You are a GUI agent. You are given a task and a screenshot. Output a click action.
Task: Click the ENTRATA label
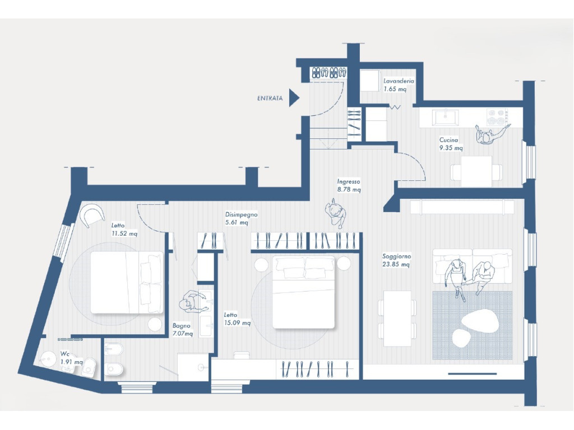point(270,98)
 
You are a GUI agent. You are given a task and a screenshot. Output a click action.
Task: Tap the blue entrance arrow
point(294,97)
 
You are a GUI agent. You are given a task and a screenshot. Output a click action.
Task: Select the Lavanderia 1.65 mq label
point(399,85)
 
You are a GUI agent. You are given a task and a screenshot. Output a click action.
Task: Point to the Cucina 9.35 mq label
point(451,144)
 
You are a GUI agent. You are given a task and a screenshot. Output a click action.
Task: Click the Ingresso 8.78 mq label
point(349,185)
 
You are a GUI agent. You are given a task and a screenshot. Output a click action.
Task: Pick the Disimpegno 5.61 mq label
point(241,218)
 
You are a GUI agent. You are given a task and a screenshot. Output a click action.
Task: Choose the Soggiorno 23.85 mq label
point(396,260)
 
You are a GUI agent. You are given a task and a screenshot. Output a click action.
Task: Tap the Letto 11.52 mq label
point(124,230)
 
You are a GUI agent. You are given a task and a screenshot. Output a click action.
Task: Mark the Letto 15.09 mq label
point(237,319)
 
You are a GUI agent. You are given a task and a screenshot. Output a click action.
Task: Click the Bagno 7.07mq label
point(182,329)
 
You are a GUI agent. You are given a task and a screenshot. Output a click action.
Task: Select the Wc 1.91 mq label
point(71,358)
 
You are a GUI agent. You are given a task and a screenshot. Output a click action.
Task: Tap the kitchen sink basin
point(446,117)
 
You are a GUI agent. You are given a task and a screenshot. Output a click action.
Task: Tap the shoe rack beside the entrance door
point(328,72)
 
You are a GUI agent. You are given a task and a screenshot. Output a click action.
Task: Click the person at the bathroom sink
point(192,302)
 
